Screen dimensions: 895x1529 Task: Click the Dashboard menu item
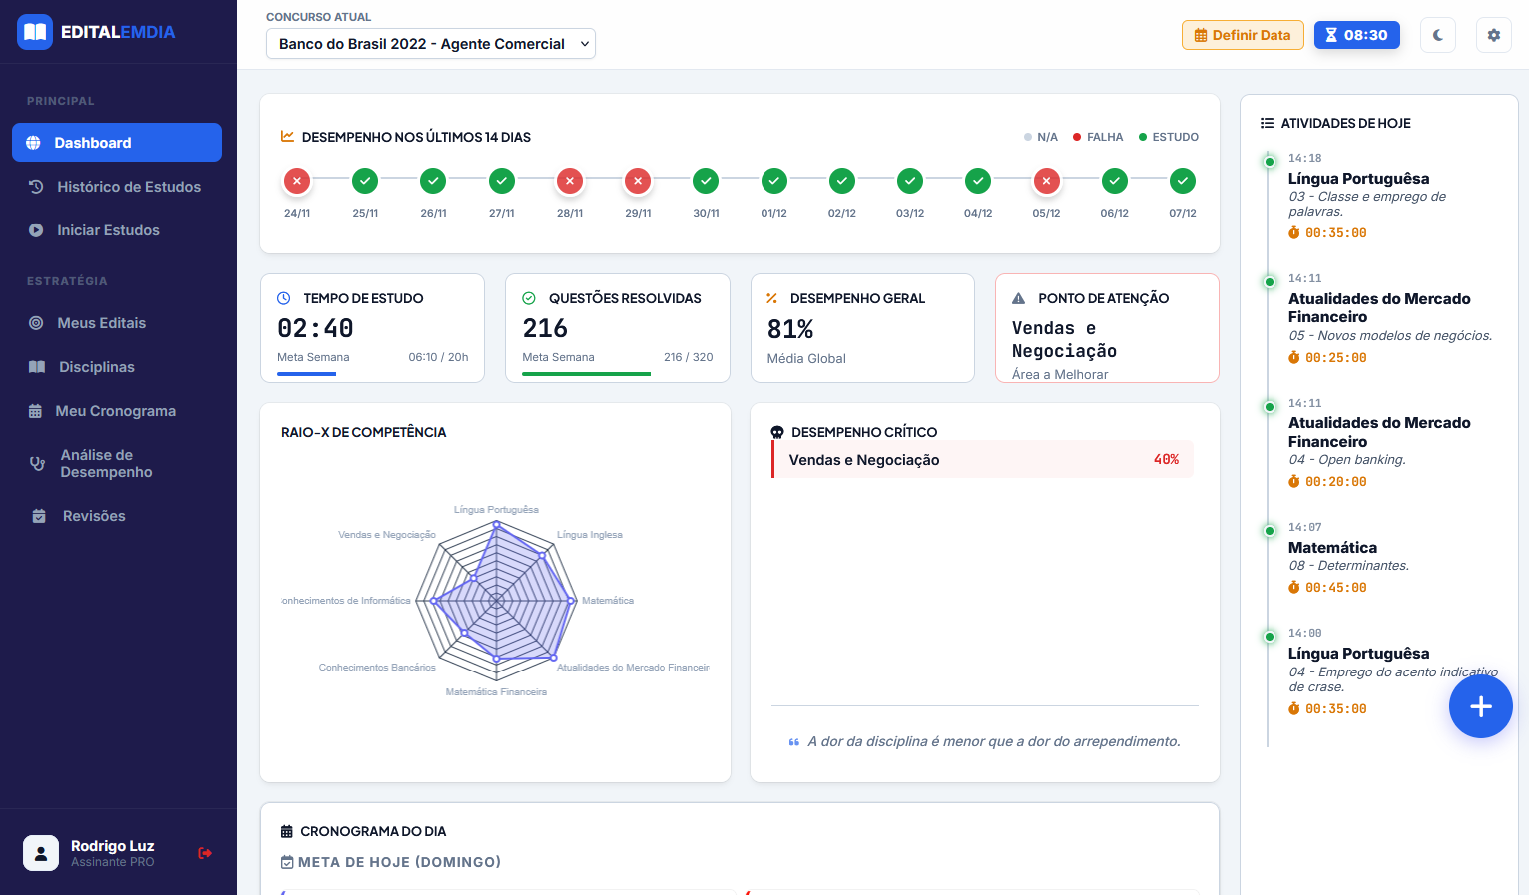pos(116,143)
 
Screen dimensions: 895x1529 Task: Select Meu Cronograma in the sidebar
pos(116,411)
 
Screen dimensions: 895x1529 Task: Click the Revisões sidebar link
pos(94,516)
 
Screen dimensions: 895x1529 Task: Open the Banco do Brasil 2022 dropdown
pos(430,44)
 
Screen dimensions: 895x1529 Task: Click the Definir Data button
pos(1243,35)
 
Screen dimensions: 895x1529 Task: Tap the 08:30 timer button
pos(1356,35)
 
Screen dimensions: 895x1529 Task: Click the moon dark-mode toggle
pos(1438,35)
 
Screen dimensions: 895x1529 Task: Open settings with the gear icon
pos(1494,35)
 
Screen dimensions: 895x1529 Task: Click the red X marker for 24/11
pos(297,181)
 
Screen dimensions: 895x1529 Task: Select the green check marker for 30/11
pos(706,181)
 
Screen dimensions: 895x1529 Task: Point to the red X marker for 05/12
pos(1046,181)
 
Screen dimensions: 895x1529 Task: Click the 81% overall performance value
pos(790,329)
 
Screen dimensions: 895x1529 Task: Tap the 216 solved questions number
pos(545,328)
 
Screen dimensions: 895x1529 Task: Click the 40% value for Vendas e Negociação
pos(1166,460)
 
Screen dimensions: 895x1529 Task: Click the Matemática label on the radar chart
pos(608,601)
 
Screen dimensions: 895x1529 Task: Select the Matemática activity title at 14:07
pos(1332,548)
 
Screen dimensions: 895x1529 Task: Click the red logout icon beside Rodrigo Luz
pos(205,853)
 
